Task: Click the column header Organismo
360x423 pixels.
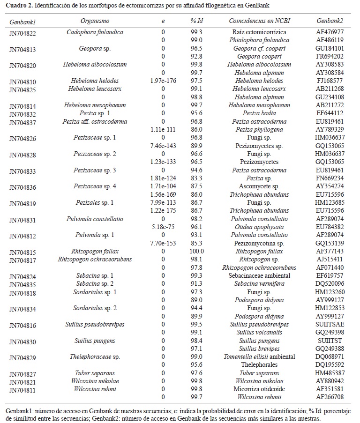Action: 95,21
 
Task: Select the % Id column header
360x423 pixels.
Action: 196,21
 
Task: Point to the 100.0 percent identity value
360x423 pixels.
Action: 196,251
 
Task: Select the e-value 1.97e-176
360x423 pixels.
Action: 163,81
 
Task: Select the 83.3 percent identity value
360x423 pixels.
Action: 196,178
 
